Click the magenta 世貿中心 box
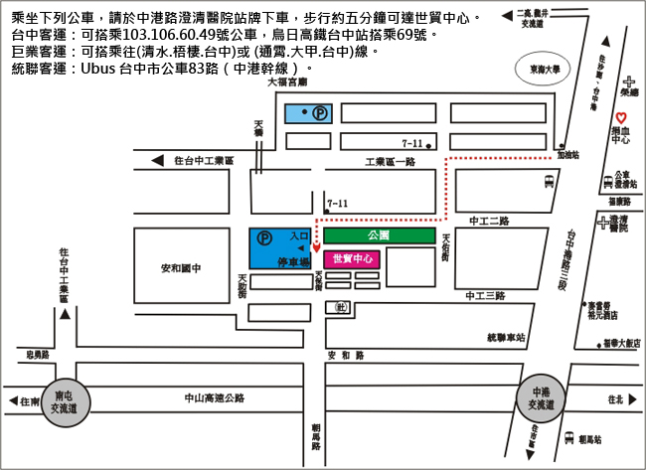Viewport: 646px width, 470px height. tap(353, 258)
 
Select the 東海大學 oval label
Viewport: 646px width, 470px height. tap(545, 70)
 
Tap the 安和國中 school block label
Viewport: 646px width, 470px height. tap(180, 267)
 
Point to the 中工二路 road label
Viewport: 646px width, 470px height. tap(488, 221)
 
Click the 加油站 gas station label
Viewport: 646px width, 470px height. tap(568, 155)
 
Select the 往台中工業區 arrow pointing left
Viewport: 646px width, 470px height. tap(156, 160)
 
